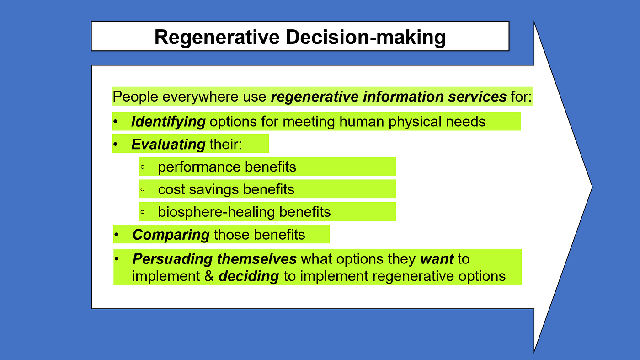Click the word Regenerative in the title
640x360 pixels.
click(217, 38)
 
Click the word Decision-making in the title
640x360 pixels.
click(366, 38)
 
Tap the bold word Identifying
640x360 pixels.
click(168, 122)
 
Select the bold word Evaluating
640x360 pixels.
click(168, 144)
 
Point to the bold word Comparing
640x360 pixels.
click(171, 235)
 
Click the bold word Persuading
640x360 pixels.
click(172, 259)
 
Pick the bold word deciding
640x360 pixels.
click(249, 276)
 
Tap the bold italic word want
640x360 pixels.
click(437, 259)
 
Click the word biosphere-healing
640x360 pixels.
click(216, 212)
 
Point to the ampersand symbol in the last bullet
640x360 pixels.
click(209, 276)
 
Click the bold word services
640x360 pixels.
click(477, 97)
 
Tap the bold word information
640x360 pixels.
click(403, 97)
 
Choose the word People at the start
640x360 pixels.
click(135, 97)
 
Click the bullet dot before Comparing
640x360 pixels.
click(116, 235)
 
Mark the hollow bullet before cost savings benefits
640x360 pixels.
click(143, 189)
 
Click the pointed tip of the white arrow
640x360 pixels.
click(592, 187)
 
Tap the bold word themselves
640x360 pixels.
click(256, 259)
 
